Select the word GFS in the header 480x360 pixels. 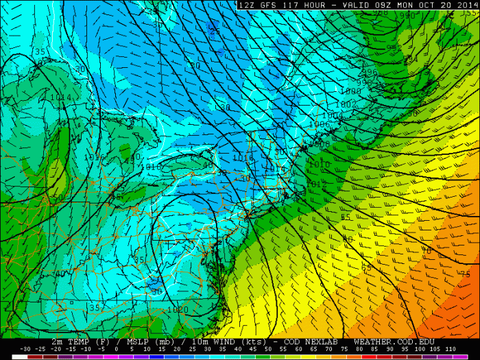point(264,5)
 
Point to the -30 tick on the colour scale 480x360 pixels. point(25,350)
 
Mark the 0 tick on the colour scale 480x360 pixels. point(117,350)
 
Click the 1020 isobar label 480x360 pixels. point(177,309)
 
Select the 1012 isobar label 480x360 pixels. point(317,184)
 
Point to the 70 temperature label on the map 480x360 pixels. point(427,251)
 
